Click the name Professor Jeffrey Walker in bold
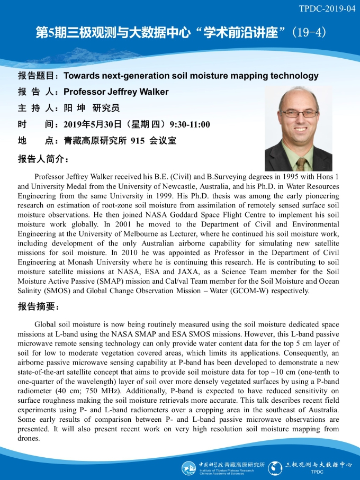click(x=116, y=92)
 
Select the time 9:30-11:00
click(x=190, y=125)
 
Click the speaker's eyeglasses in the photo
click(x=299, y=113)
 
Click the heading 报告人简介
click(x=42, y=158)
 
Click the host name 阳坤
click(x=75, y=108)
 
